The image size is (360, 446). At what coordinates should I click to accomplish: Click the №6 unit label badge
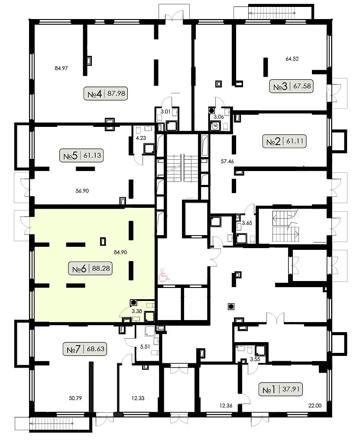click(91, 268)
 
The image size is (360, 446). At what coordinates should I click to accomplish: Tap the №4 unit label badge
click(106, 93)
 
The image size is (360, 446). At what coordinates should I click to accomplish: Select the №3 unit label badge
click(292, 86)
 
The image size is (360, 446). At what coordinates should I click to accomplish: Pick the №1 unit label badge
click(281, 389)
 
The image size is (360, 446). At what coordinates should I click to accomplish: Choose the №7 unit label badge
click(85, 349)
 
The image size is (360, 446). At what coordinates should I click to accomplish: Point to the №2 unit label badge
click(284, 141)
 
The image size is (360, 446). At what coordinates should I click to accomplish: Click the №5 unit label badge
click(81, 155)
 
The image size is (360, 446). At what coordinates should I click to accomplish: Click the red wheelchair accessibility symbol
click(164, 275)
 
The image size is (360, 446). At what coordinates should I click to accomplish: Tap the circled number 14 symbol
click(215, 126)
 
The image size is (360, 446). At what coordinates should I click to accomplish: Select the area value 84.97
click(61, 68)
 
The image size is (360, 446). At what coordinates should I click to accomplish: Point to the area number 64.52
click(292, 59)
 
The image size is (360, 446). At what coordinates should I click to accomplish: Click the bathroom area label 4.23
click(141, 138)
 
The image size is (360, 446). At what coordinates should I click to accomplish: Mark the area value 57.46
click(227, 162)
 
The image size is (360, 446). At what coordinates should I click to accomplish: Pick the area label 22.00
click(315, 406)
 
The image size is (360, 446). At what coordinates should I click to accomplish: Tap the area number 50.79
click(75, 398)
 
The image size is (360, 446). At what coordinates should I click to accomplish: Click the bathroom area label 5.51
click(145, 347)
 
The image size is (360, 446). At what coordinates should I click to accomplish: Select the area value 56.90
click(82, 191)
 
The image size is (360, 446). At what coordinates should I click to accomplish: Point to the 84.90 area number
click(120, 252)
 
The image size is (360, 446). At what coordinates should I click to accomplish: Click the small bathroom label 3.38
click(136, 311)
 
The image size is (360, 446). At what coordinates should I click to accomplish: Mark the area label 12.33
click(138, 398)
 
